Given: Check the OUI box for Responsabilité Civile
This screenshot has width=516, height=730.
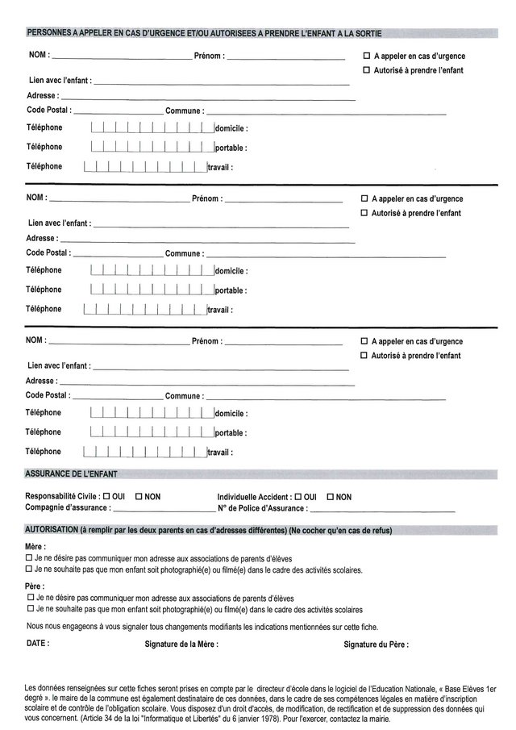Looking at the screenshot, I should tap(106, 497).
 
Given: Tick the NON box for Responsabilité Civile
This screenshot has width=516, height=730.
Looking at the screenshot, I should tap(139, 497).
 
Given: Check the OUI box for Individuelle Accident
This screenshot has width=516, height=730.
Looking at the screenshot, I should tap(299, 497).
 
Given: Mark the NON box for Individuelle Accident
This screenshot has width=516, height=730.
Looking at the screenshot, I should tap(329, 497).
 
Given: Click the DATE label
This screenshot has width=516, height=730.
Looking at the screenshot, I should tap(38, 644).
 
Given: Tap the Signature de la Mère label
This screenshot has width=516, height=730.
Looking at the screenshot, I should tap(181, 645).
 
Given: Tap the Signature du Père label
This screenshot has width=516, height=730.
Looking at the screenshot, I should tap(375, 645).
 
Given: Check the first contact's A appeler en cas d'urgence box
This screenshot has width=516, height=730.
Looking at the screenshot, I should tap(367, 56).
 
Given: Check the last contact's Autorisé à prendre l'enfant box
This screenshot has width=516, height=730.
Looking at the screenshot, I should tap(364, 356).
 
